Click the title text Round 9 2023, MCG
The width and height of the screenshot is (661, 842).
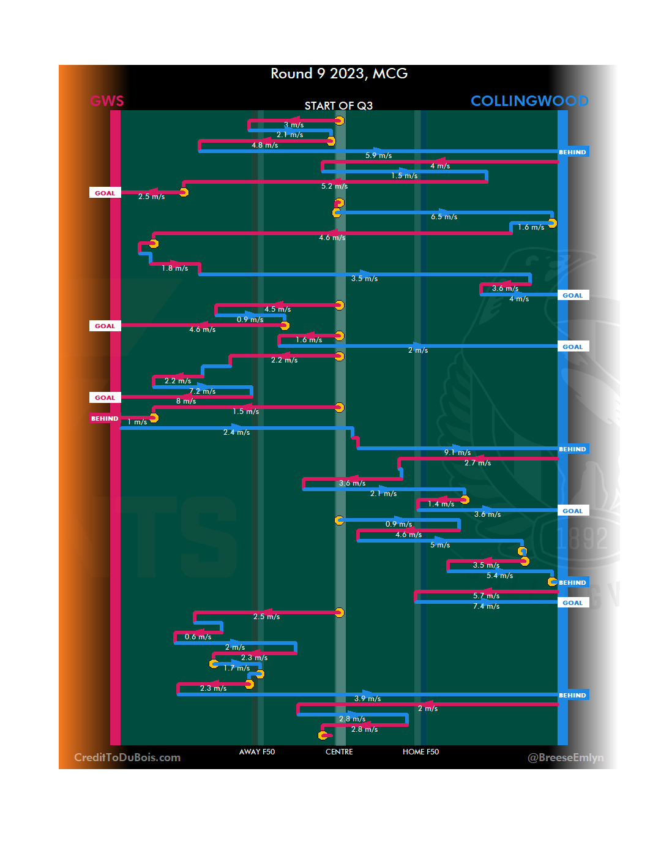339,74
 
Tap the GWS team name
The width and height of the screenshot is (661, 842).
107,101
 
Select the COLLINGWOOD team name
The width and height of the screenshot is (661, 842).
529,101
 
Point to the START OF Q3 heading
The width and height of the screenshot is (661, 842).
338,106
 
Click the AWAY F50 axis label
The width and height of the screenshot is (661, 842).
257,752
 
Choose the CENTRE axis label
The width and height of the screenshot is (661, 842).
339,752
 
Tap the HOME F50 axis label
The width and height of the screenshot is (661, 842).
420,752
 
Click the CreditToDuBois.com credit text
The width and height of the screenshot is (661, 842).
127,757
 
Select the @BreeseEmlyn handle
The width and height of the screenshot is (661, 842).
566,757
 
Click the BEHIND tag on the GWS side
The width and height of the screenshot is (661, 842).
105,419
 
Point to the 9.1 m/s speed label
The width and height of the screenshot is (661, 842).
457,453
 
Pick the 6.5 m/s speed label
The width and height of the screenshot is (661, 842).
444,217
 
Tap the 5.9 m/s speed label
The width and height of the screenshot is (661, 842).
378,156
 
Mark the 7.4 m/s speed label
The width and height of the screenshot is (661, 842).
486,606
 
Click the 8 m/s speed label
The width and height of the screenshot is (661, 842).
186,401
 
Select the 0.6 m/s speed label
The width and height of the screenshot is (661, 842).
198,637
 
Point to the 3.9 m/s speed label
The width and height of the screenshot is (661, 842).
367,699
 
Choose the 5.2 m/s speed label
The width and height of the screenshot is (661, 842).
334,186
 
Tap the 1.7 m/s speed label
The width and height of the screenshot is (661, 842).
236,668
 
